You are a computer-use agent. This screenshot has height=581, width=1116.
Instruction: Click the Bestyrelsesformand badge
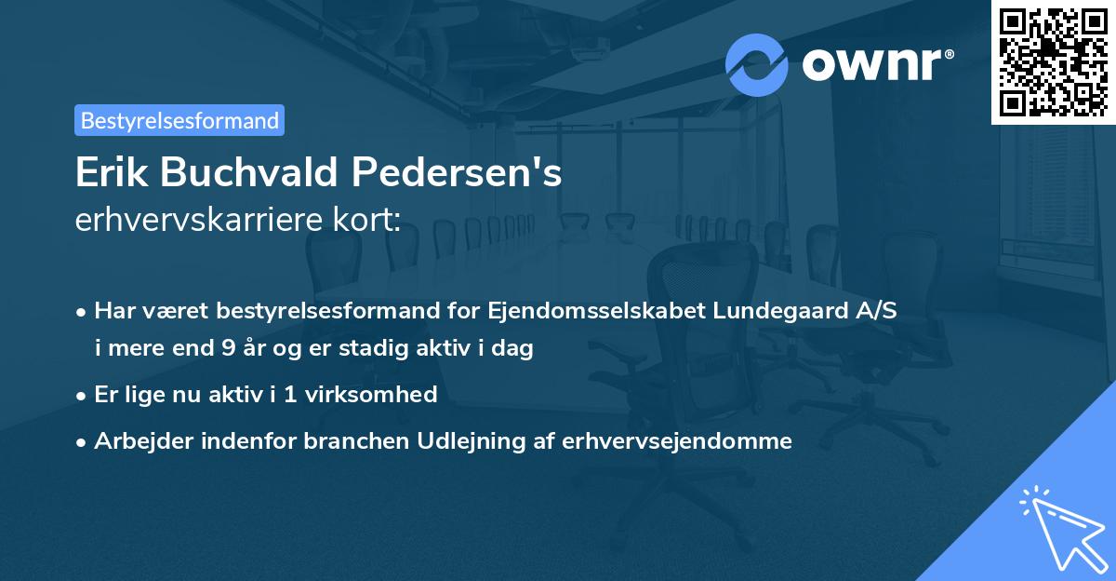point(179,120)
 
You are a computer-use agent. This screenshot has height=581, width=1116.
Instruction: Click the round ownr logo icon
point(757,64)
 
